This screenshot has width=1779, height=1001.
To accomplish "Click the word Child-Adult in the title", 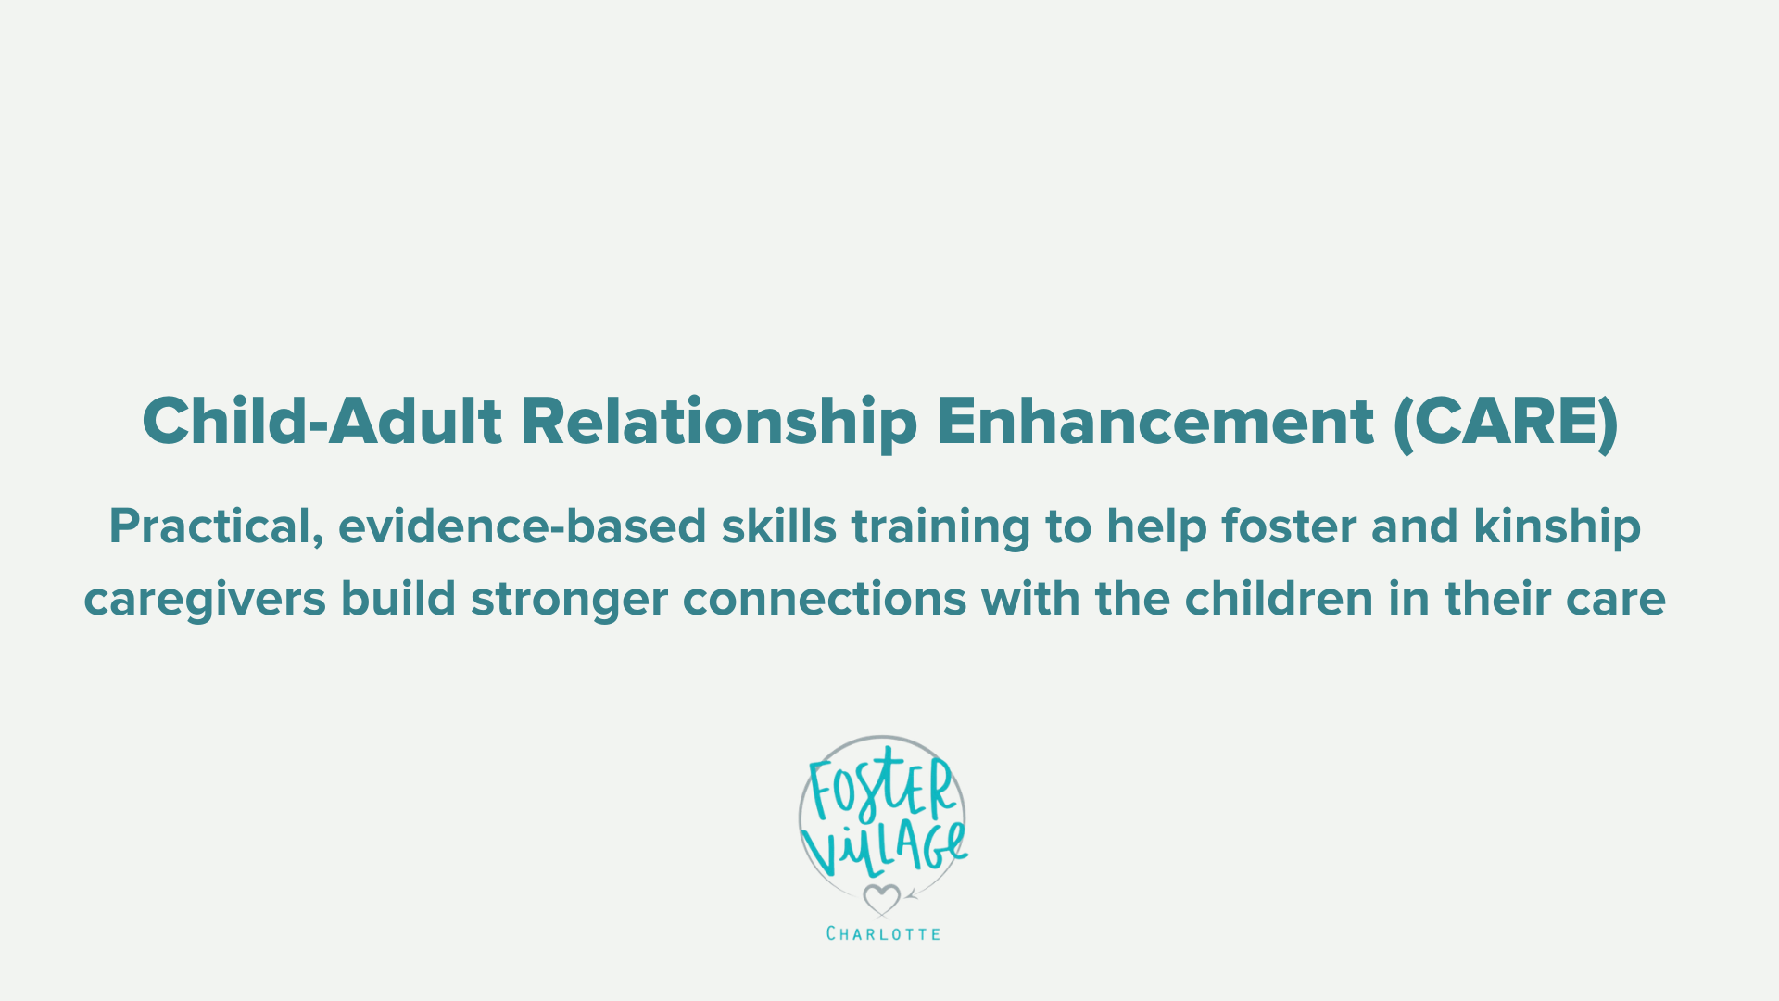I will tap(322, 422).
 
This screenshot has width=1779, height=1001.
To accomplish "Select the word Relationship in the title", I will tap(719, 422).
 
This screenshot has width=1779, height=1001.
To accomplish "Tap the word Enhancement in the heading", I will tap(1154, 422).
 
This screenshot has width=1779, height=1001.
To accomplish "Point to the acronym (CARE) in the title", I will tap(1506, 422).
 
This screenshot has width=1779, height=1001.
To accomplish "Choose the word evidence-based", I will tap(522, 526).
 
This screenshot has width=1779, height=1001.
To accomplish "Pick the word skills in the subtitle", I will tap(778, 526).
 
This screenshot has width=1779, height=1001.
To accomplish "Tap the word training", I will tap(940, 526).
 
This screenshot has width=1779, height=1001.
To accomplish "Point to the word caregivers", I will tap(205, 600).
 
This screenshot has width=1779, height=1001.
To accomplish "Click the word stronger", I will tap(569, 600).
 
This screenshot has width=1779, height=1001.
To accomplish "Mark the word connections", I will tap(825, 600).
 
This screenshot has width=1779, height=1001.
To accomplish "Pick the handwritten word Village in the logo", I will tap(885, 848).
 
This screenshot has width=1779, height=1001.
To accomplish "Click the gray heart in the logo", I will tap(881, 898).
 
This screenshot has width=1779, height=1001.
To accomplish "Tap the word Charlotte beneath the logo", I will tap(883, 933).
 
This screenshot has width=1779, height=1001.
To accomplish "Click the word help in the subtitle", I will tap(1156, 526).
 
